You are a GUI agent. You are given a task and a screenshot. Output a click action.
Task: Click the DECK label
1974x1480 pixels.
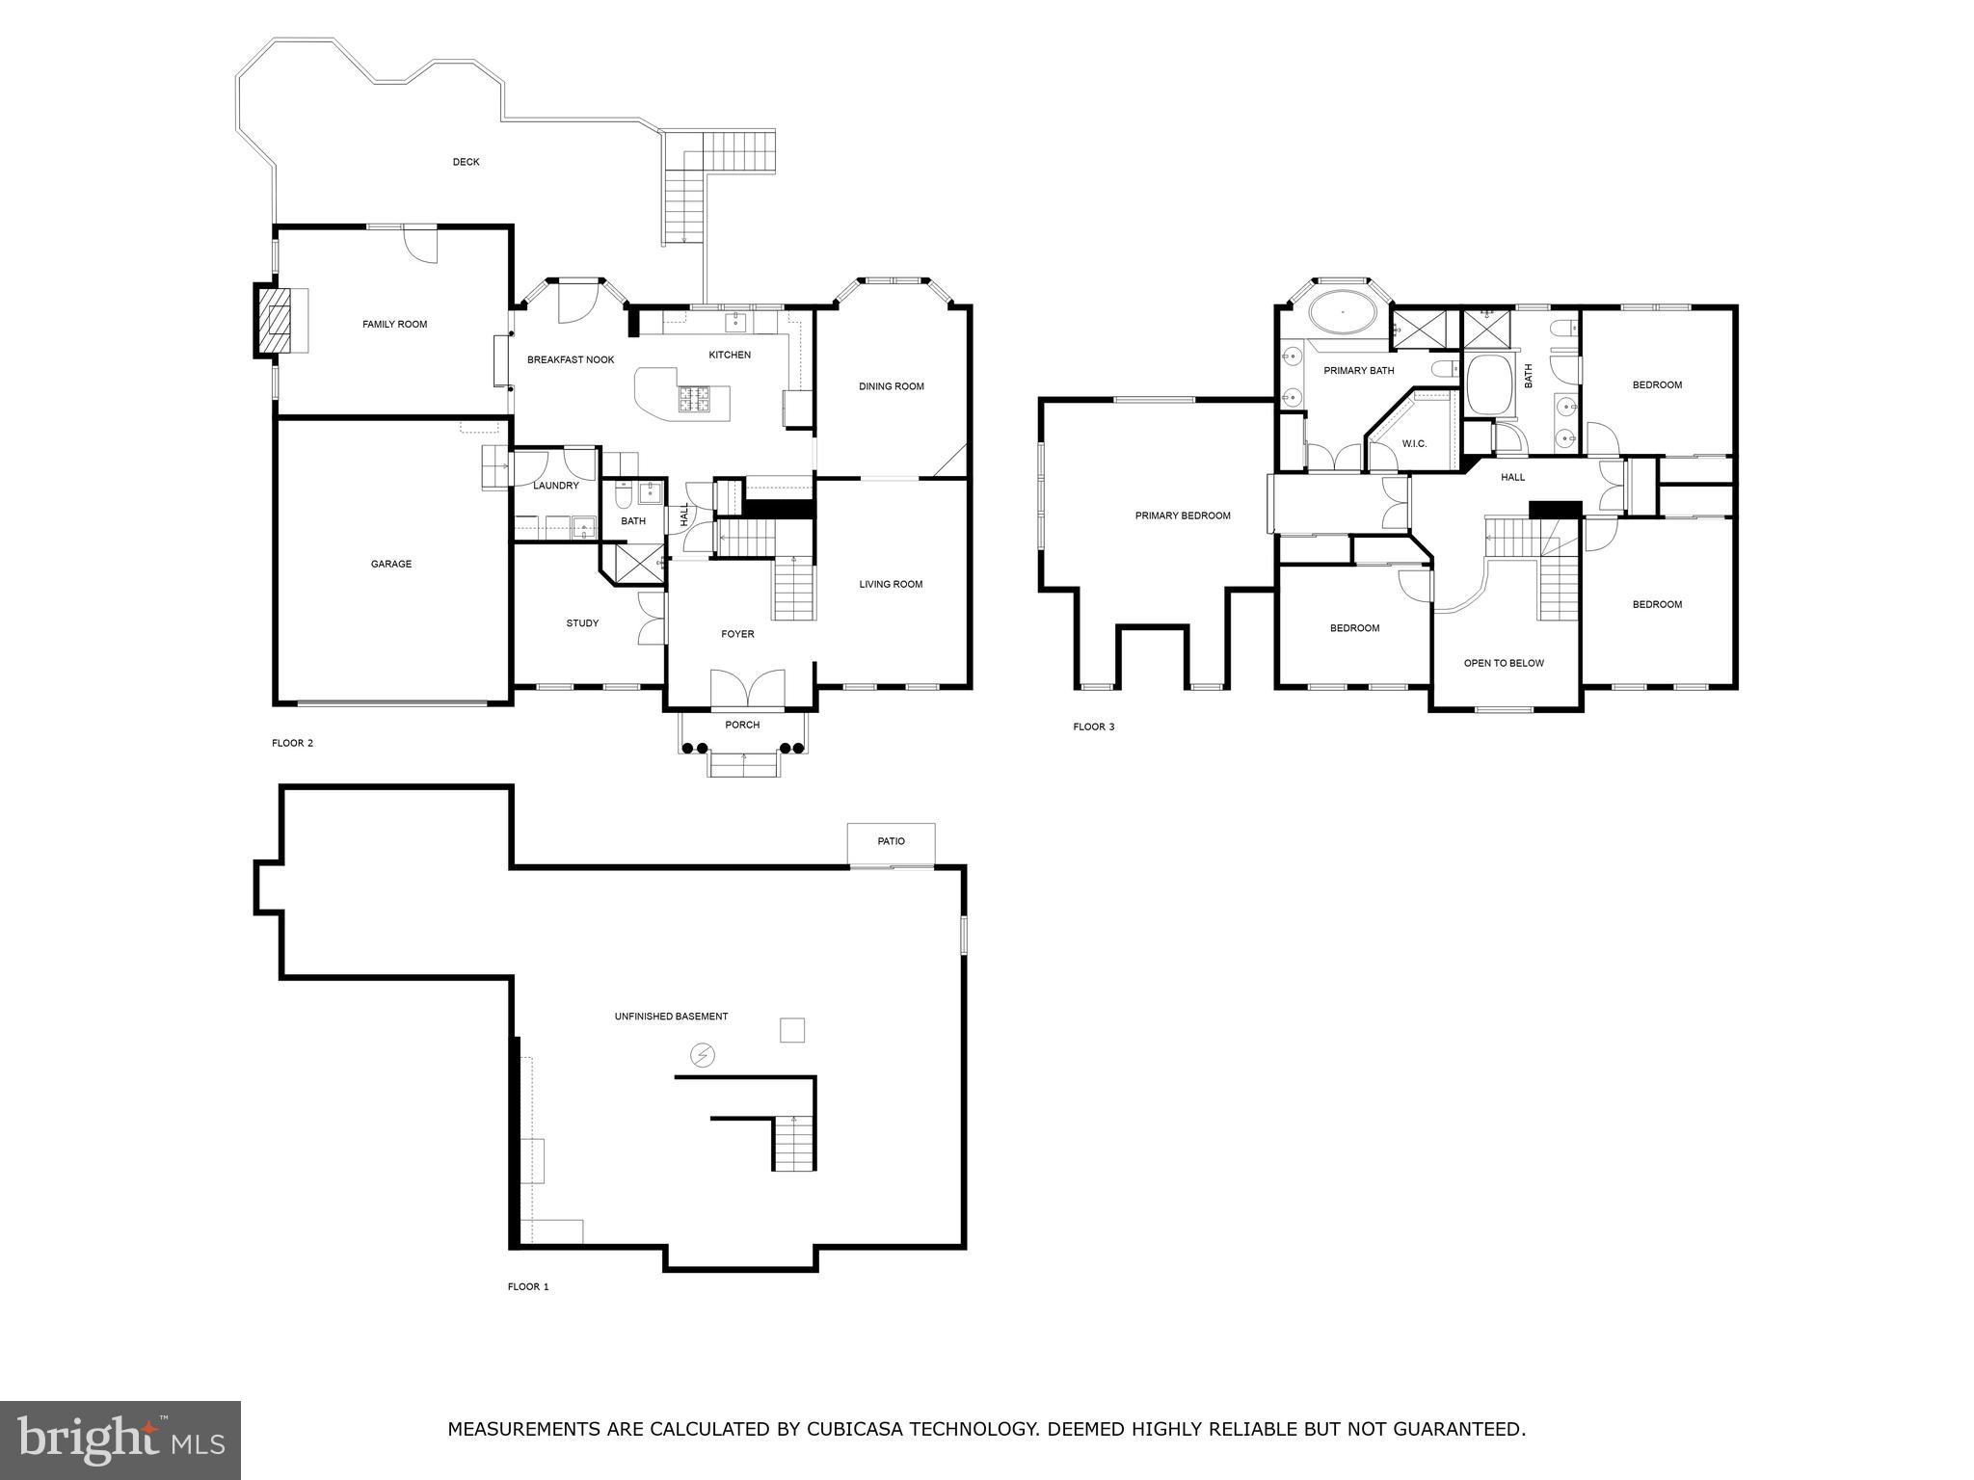coord(466,162)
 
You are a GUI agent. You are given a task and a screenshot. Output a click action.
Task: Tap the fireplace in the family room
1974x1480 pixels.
coord(276,322)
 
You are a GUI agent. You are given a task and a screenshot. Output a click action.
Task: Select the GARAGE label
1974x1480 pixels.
coord(391,564)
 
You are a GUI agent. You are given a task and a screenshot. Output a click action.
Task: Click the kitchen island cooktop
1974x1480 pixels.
coord(694,399)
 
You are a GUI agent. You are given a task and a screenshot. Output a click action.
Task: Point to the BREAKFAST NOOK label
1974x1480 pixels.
coord(571,359)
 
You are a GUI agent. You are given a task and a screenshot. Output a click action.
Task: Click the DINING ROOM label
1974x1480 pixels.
coord(891,386)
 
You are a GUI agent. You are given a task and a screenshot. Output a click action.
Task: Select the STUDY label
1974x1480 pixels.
coord(582,623)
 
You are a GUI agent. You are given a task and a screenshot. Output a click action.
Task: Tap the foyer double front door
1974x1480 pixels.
coord(748,690)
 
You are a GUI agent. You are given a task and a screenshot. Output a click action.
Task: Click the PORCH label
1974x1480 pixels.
coord(742,725)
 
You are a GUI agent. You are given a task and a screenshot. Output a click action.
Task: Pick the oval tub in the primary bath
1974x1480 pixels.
coord(1342,314)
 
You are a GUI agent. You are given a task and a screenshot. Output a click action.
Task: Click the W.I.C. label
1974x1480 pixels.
coord(1414,443)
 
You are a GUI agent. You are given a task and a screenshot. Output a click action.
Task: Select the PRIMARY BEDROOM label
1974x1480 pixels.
coord(1183,515)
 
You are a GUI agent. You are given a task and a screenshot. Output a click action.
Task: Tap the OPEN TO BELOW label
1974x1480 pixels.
coord(1504,663)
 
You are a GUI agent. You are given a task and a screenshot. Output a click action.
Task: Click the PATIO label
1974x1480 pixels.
coord(891,841)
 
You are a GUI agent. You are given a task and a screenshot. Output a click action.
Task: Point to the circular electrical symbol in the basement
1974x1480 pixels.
coord(703,1056)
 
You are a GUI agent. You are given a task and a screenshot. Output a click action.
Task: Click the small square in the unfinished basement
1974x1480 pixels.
coord(791,1030)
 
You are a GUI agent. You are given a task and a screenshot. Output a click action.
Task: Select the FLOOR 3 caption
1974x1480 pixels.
coord(1094,727)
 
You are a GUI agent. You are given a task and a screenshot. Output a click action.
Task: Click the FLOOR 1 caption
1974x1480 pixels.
coord(528,1286)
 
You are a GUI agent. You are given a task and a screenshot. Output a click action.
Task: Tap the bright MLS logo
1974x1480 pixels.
coord(120,1440)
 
